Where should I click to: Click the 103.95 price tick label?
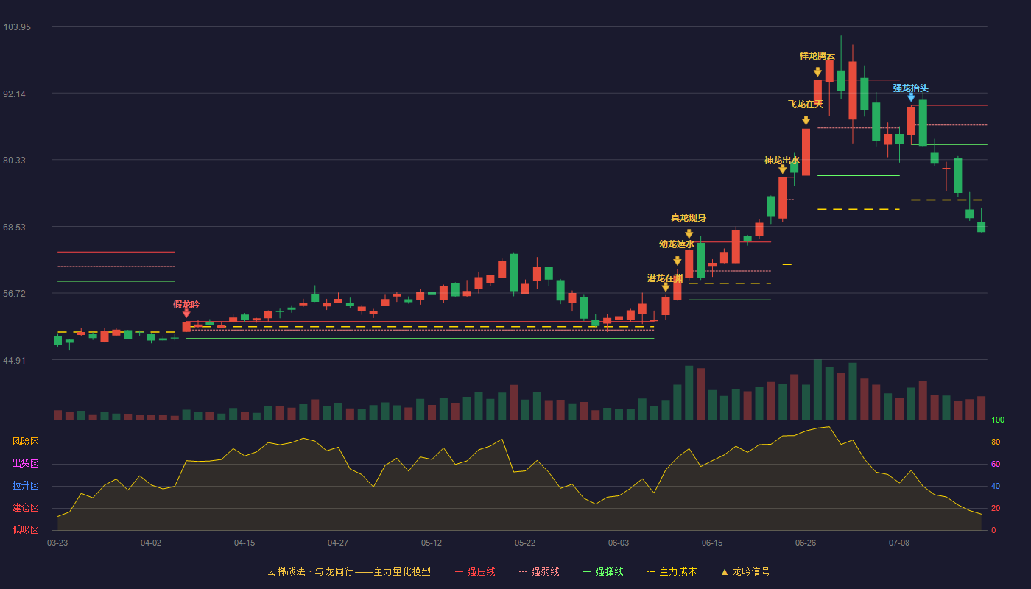click(x=17, y=27)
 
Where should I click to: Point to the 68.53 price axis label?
click(x=14, y=228)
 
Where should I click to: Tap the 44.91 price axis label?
click(x=14, y=360)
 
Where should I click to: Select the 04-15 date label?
click(x=244, y=543)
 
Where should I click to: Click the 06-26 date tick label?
click(x=806, y=543)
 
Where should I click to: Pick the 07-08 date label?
click(x=899, y=543)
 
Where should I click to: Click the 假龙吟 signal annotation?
click(x=186, y=305)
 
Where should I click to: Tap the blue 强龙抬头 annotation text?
click(x=911, y=88)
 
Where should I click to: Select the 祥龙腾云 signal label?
click(x=817, y=56)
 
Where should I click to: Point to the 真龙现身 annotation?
click(x=689, y=218)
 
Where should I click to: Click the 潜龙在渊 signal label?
click(x=665, y=278)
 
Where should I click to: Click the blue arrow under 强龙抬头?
click(x=912, y=97)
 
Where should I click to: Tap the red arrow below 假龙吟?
click(x=186, y=314)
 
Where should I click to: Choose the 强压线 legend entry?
click(x=475, y=571)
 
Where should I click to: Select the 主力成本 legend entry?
click(x=672, y=571)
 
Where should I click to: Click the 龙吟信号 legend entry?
click(x=745, y=571)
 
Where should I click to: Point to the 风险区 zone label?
click(x=25, y=442)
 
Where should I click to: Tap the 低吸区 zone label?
click(x=25, y=530)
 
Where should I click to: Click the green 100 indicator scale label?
click(x=998, y=420)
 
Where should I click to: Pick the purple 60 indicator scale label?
click(x=996, y=464)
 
